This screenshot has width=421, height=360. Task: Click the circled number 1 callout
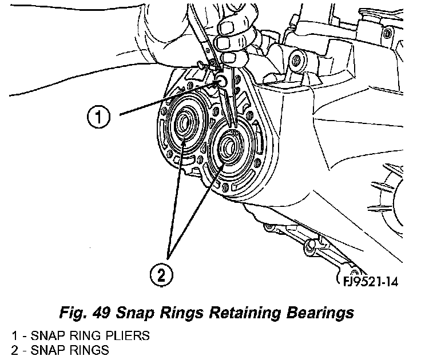[99, 118]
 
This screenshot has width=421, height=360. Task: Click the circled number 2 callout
[161, 276]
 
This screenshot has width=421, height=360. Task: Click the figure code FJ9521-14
[366, 282]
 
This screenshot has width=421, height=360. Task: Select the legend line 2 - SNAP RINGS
[55, 349]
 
